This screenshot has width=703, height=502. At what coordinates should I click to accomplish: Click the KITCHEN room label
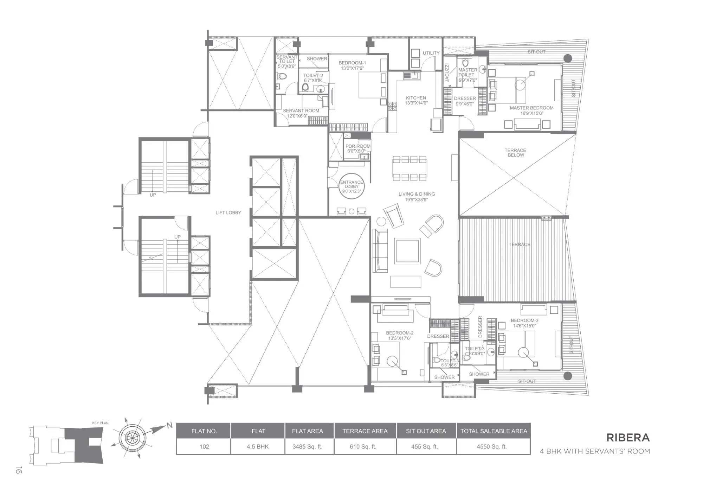tap(416, 98)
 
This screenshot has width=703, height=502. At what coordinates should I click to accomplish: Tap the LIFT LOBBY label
tap(228, 212)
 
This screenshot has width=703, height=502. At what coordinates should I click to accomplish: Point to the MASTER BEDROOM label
tap(531, 108)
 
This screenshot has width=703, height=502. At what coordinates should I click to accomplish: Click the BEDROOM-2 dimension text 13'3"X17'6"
tap(399, 338)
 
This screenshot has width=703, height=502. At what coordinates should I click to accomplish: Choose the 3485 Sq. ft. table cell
tap(307, 446)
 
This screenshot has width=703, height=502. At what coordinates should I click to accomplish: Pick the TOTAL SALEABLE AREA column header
tap(494, 431)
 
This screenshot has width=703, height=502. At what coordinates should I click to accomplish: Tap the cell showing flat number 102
tap(204, 446)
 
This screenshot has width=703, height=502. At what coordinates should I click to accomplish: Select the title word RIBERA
tap(628, 438)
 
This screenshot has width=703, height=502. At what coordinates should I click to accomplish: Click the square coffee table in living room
tap(407, 251)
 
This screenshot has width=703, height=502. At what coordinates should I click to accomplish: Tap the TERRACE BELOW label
tap(515, 153)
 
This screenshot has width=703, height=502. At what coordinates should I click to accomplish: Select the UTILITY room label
tap(431, 53)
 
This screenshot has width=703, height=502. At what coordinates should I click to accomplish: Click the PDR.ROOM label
tap(358, 146)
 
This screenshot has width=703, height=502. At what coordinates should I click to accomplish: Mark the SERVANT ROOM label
tap(301, 111)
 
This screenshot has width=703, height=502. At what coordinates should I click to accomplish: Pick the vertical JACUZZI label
tap(447, 72)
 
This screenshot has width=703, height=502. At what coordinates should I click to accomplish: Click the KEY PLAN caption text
tap(100, 423)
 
